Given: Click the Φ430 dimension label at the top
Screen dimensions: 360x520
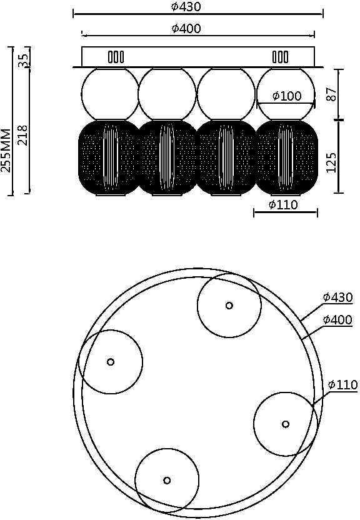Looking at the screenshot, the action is pos(186,6).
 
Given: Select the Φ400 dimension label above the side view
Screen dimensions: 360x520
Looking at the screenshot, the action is pos(186,28).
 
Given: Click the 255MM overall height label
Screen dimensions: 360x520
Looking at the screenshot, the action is pos(6,150).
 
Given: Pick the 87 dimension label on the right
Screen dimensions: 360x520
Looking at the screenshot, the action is pos(332,94).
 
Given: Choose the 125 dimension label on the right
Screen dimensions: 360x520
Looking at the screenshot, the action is pos(332,162).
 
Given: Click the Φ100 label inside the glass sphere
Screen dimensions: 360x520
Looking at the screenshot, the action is pos(287,96).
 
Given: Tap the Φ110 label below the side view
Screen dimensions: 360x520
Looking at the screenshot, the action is pos(283,204).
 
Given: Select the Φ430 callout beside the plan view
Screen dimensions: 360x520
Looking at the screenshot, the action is pos(337,297).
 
